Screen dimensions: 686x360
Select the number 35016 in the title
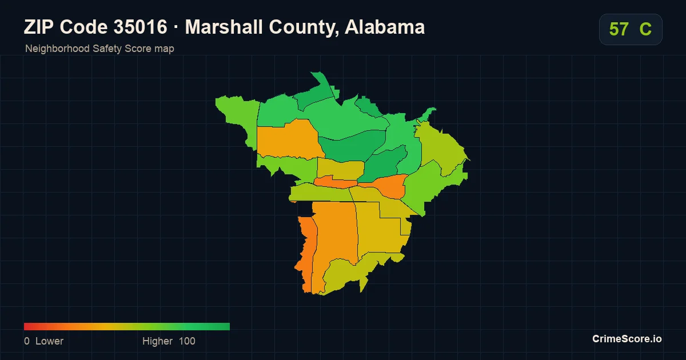[x=140, y=27]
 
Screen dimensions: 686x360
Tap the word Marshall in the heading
[x=224, y=27]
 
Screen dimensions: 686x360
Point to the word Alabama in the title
[x=385, y=27]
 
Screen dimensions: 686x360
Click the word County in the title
[x=304, y=27]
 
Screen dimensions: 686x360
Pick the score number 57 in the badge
[x=619, y=29]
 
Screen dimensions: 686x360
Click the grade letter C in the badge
[x=645, y=29]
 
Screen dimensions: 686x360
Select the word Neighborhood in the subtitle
[x=57, y=49]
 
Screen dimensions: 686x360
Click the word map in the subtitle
[x=165, y=49]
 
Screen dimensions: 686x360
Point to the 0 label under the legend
[x=27, y=341]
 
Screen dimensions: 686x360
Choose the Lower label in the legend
[x=49, y=341]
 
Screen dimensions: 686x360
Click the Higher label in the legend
[x=157, y=341]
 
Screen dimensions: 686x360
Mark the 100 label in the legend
[x=187, y=341]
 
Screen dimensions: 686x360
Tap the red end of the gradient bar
[x=25, y=326]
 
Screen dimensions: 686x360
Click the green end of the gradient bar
[x=229, y=326]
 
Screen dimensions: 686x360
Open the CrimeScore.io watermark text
[x=627, y=339]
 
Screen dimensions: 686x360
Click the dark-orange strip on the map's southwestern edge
[x=306, y=254]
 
